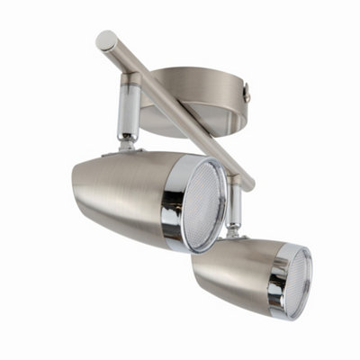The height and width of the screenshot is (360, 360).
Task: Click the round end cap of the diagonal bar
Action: pyautogui.click(x=106, y=40)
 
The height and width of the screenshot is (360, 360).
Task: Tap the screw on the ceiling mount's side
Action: pyautogui.click(x=246, y=89)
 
